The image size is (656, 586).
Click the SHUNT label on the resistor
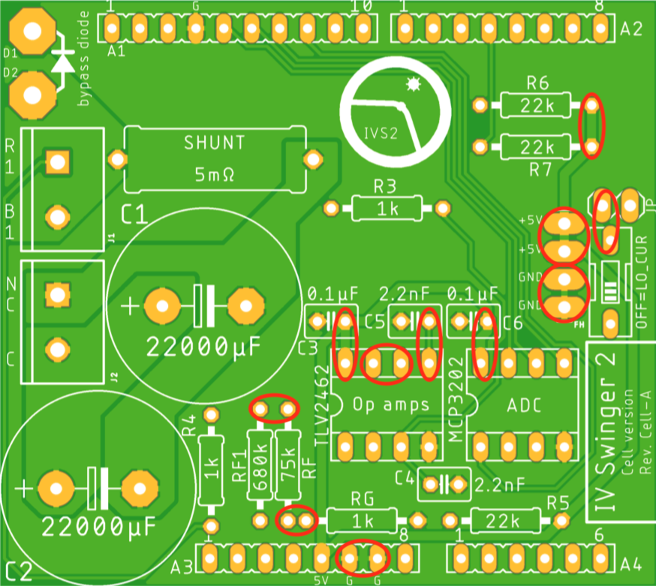pyautogui.click(x=214, y=143)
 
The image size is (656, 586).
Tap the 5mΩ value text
pyautogui.click(x=214, y=175)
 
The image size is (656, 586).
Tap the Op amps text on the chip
pyautogui.click(x=390, y=404)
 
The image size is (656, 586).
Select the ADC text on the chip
pyautogui.click(x=523, y=405)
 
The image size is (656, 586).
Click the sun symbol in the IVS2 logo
pyautogui.click(x=411, y=85)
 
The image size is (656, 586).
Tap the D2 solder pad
pyautogui.click(x=32, y=95)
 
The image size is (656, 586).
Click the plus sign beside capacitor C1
pyautogui.click(x=131, y=305)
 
